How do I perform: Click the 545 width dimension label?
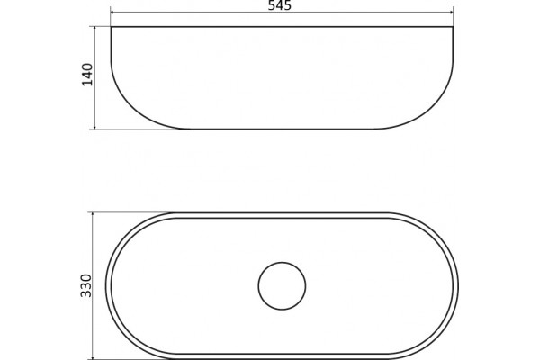tap(280, 5)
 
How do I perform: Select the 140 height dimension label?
tap(87, 75)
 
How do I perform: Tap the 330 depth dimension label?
tap(86, 285)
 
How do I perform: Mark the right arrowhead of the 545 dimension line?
tap(451, 13)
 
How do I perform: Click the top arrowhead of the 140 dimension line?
tap(94, 29)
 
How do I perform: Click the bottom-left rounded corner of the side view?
tap(133, 111)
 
